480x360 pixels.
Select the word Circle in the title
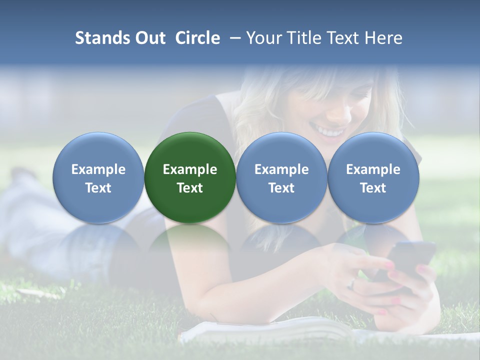[197, 38]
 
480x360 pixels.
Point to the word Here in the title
[384, 38]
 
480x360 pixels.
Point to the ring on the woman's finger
[352, 283]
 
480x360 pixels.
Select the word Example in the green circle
[190, 169]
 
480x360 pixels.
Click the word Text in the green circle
[190, 188]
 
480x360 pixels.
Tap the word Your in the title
[264, 38]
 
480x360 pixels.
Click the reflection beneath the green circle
[190, 245]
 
